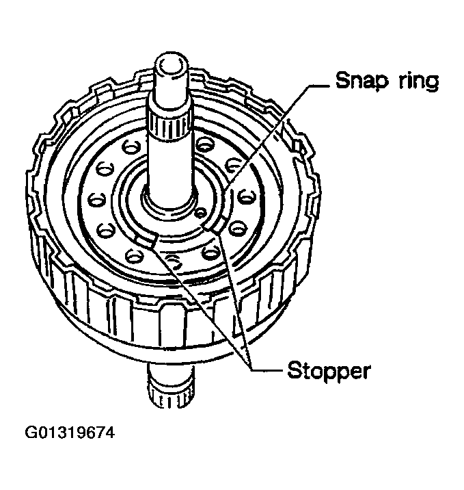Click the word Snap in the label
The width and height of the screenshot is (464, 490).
(x=362, y=81)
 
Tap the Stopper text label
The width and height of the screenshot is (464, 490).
(x=329, y=371)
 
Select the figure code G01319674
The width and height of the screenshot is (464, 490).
(x=70, y=433)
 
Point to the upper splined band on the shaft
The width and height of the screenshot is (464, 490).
(x=169, y=125)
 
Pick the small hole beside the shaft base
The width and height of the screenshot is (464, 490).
(x=200, y=213)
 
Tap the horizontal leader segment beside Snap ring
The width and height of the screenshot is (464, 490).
(x=319, y=85)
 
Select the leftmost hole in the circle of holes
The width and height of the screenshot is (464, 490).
(x=96, y=200)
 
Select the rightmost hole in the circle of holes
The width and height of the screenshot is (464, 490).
(x=247, y=197)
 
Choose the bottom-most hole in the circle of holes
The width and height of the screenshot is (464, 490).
(x=173, y=261)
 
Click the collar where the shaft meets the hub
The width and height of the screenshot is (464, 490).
(x=169, y=204)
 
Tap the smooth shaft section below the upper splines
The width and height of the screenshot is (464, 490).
(x=169, y=166)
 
